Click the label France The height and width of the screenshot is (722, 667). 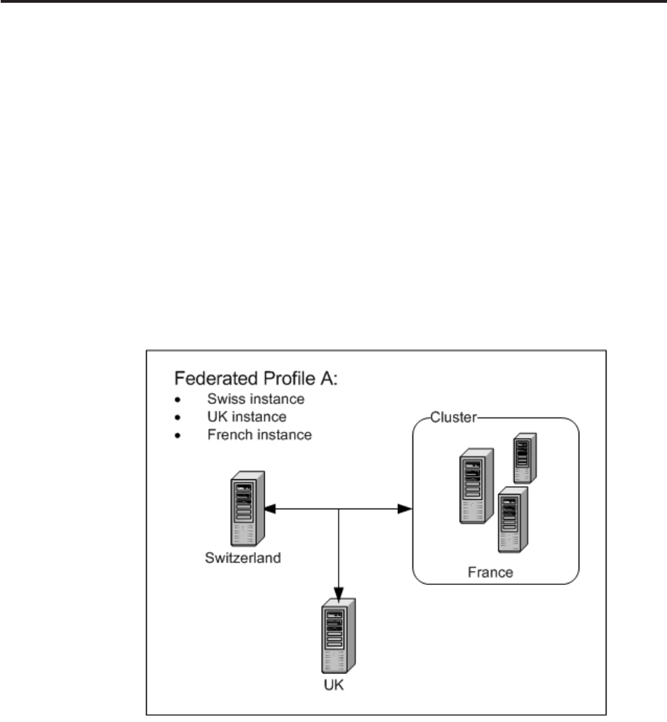point(490,574)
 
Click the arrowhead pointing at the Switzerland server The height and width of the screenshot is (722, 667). point(271,510)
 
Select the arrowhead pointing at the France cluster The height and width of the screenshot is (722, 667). point(405,510)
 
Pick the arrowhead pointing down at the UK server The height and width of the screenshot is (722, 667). point(339,592)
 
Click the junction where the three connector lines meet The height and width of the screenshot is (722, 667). point(339,510)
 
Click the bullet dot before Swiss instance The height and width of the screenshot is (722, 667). point(178,401)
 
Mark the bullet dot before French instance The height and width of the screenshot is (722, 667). point(178,436)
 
